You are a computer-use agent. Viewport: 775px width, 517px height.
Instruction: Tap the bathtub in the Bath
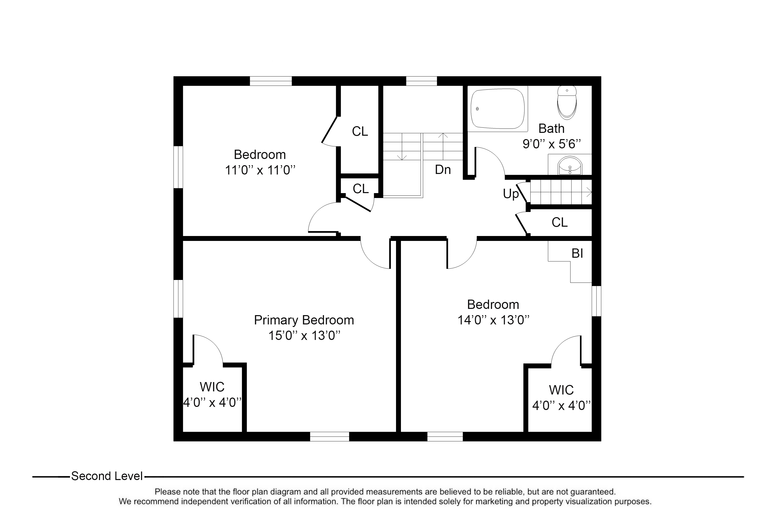[x=498, y=109]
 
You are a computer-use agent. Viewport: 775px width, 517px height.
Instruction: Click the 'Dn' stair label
[x=443, y=170]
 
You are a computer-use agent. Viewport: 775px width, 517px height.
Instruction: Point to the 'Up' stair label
[x=511, y=194]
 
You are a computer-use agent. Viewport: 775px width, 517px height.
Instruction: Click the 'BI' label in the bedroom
[x=577, y=253]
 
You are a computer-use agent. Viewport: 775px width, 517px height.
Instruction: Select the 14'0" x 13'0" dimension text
[x=493, y=320]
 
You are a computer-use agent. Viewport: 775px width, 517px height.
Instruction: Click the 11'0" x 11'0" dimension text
[x=260, y=170]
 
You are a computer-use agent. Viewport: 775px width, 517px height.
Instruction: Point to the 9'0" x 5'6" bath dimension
[x=552, y=144]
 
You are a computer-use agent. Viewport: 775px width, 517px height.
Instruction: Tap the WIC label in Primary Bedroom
[x=212, y=387]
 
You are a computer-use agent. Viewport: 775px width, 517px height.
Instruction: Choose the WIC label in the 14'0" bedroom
[x=561, y=390]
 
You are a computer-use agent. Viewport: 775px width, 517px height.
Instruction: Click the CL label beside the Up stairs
[x=560, y=222]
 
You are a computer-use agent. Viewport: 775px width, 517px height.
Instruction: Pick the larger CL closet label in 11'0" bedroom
[x=360, y=131]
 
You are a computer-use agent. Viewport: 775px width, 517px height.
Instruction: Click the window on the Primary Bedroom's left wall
[x=178, y=299]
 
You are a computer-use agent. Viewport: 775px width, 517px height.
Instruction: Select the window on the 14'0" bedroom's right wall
[x=596, y=301]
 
